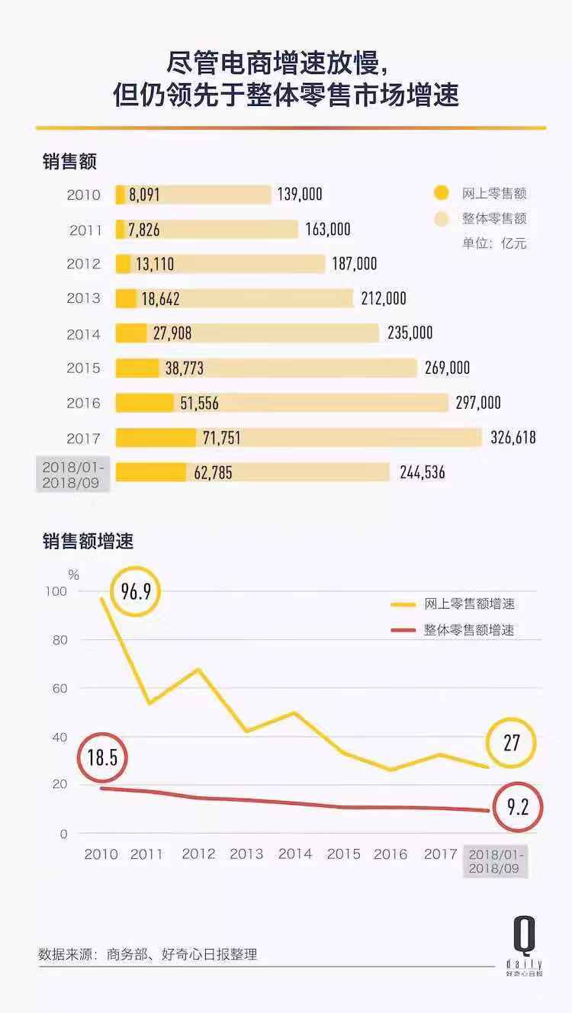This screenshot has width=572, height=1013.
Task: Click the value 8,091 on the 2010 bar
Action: coord(144,195)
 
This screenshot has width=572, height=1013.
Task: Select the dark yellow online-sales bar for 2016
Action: coord(145,403)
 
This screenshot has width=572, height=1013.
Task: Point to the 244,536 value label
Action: coord(423,473)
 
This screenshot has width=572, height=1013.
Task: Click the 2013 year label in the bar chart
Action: coord(83,299)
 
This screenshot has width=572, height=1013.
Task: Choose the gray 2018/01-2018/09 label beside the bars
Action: coord(73,474)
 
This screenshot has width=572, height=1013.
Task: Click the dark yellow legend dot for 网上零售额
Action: coord(441,194)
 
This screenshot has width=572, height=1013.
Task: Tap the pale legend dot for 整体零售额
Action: coord(441,219)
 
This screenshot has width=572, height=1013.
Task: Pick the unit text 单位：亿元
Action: coord(494,244)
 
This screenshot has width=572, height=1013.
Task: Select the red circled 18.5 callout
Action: coord(102,757)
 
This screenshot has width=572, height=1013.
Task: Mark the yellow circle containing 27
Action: coord(511,743)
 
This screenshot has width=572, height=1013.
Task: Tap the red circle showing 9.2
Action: coord(517,806)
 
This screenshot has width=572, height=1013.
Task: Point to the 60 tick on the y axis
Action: coord(60,688)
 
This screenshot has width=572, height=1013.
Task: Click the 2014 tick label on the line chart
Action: coord(295,854)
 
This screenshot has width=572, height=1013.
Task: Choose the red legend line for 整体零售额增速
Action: coord(403,630)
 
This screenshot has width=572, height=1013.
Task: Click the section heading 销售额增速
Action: coord(88,542)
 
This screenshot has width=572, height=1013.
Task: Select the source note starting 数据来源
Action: coord(148,954)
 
